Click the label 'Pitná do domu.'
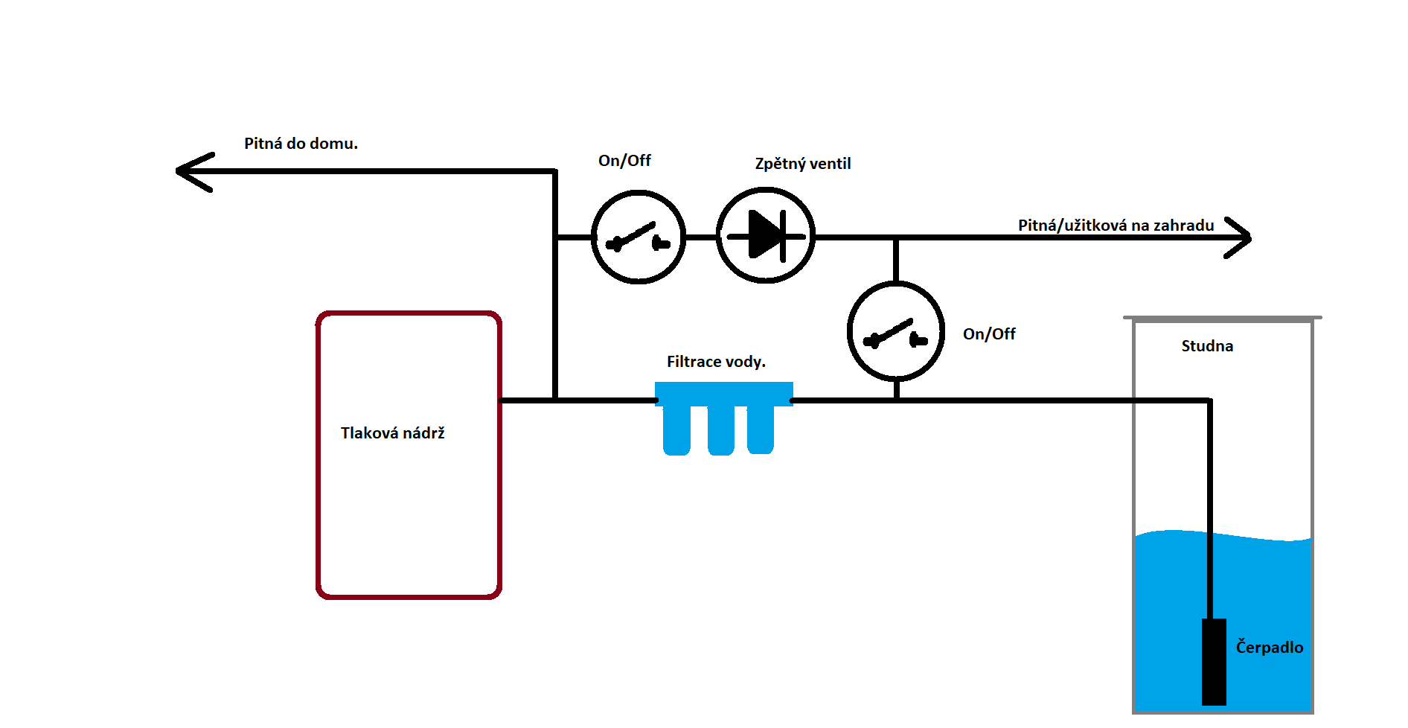(301, 144)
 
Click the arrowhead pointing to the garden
(1239, 237)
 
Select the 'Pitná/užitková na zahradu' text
(1116, 226)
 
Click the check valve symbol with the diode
(766, 235)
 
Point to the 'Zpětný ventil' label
(802, 164)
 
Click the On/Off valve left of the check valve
(638, 237)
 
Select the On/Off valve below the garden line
(896, 332)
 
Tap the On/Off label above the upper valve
(624, 161)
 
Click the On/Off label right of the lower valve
(989, 334)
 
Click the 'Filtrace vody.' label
(716, 362)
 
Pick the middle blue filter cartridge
(721, 430)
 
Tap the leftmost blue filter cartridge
(676, 430)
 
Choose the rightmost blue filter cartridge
(761, 430)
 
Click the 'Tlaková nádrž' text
(392, 433)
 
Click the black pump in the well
(1214, 662)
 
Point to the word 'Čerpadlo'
(1269, 648)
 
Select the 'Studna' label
(1207, 346)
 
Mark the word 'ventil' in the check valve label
(830, 164)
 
